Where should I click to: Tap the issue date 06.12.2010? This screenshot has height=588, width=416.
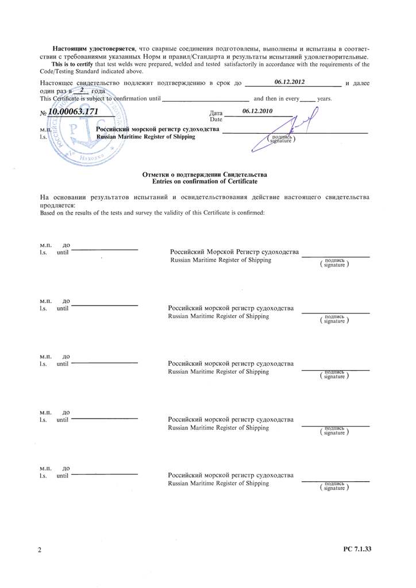(x=257, y=110)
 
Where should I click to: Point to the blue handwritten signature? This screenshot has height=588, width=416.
(x=298, y=129)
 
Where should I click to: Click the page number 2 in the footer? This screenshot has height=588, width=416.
(x=40, y=550)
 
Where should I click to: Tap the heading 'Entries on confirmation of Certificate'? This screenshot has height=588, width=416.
(x=204, y=181)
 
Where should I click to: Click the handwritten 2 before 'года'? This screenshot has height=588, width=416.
(x=83, y=90)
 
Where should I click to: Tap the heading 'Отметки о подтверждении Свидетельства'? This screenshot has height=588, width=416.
(x=204, y=173)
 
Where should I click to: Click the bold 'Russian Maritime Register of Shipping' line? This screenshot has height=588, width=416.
(x=145, y=137)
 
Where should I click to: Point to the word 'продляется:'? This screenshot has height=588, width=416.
(x=57, y=205)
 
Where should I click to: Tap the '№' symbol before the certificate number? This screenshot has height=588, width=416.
(x=43, y=113)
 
